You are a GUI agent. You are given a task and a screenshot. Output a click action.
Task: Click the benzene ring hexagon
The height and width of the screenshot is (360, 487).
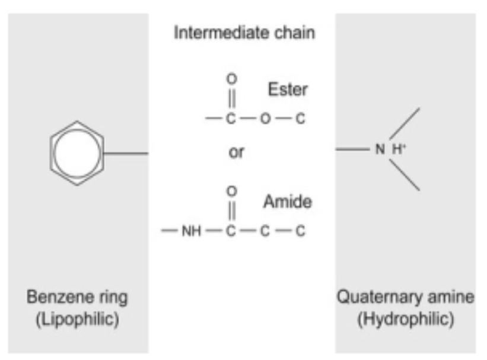click(x=77, y=153)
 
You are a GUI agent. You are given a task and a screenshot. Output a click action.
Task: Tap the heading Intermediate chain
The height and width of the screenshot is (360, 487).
click(x=244, y=33)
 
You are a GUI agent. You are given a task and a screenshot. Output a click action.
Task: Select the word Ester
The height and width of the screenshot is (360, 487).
click(x=288, y=90)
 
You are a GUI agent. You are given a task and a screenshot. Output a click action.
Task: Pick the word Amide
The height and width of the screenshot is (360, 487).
click(x=288, y=202)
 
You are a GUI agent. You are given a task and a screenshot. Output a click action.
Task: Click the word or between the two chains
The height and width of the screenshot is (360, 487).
click(x=236, y=152)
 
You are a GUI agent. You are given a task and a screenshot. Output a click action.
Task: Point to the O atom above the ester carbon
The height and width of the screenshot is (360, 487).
click(x=232, y=78)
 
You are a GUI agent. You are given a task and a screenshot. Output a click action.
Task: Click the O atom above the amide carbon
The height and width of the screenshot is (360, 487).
click(x=233, y=191)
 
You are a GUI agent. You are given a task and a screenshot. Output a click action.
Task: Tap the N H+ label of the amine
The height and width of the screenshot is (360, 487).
click(x=389, y=149)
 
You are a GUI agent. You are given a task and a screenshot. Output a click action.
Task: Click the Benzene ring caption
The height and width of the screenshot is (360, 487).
click(x=77, y=297)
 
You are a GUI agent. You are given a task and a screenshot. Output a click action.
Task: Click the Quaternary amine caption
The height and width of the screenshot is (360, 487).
click(x=406, y=297)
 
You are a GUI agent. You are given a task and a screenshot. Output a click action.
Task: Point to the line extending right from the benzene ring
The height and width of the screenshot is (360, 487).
click(x=126, y=154)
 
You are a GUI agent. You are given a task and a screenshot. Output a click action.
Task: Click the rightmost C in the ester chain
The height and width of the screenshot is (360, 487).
click(x=300, y=119)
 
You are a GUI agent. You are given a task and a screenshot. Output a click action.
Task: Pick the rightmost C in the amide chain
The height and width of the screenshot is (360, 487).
click(x=300, y=231)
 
